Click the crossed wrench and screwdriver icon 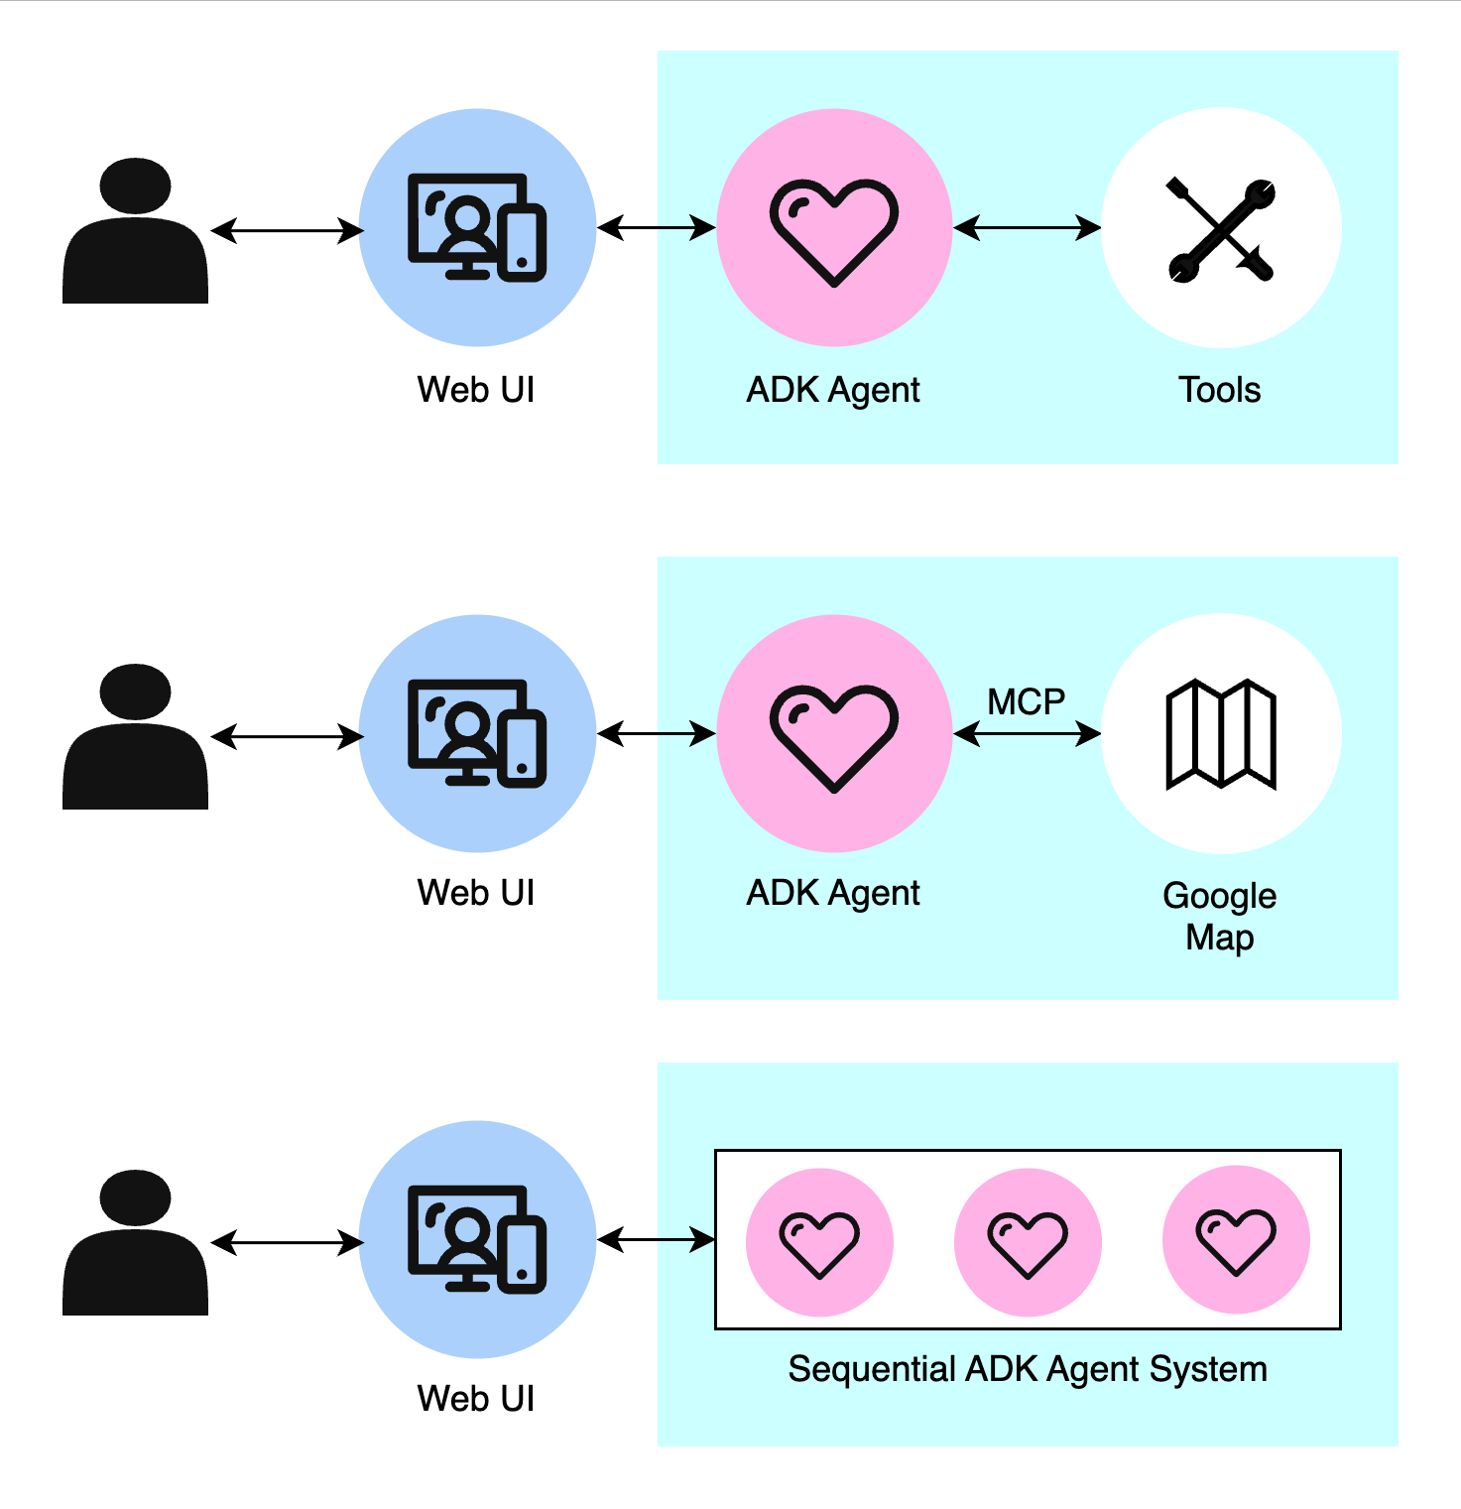click(1221, 229)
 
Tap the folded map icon click(1221, 734)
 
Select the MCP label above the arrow click(1026, 702)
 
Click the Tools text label click(1220, 390)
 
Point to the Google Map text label click(1220, 916)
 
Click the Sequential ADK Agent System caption click(1028, 1369)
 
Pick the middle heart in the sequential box click(1028, 1242)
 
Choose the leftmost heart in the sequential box click(819, 1242)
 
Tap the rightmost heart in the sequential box click(1236, 1242)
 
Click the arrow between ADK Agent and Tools click(1027, 229)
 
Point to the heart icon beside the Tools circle click(834, 231)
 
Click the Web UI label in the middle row click(476, 893)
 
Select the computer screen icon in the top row click(477, 227)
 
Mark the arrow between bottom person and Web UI click(287, 1242)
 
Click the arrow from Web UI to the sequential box click(656, 1239)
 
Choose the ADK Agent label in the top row click(833, 390)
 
